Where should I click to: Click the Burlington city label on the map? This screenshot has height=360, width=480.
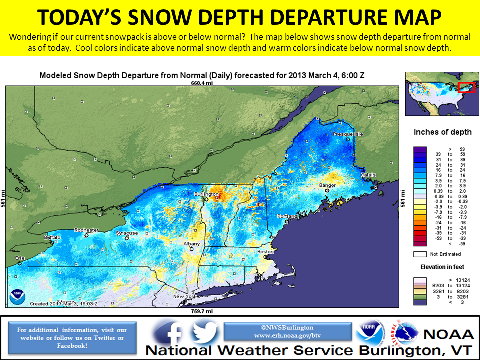click(x=206, y=194)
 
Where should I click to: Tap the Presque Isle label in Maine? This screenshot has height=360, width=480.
click(x=348, y=134)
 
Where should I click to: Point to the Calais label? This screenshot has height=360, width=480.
click(x=368, y=175)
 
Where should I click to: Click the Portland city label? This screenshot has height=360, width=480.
click(x=288, y=216)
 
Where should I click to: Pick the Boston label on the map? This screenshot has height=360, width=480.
click(x=265, y=252)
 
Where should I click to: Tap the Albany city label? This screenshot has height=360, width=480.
click(x=191, y=244)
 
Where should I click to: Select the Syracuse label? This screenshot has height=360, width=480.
click(x=127, y=233)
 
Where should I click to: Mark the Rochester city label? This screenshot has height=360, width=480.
click(x=86, y=230)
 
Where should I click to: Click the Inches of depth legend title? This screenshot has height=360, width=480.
click(x=442, y=132)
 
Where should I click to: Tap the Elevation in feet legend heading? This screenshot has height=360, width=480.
click(x=442, y=267)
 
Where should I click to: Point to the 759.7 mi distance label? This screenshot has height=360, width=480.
click(x=202, y=311)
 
